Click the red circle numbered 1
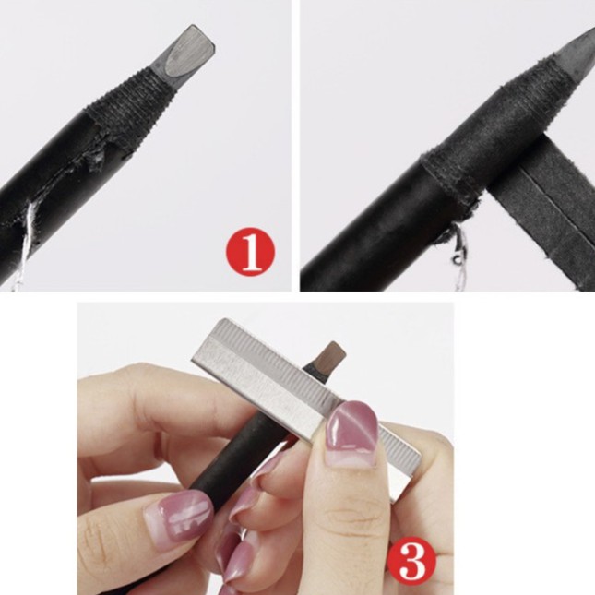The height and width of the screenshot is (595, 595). tap(250, 252)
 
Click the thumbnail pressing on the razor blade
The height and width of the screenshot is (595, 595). tap(351, 431)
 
